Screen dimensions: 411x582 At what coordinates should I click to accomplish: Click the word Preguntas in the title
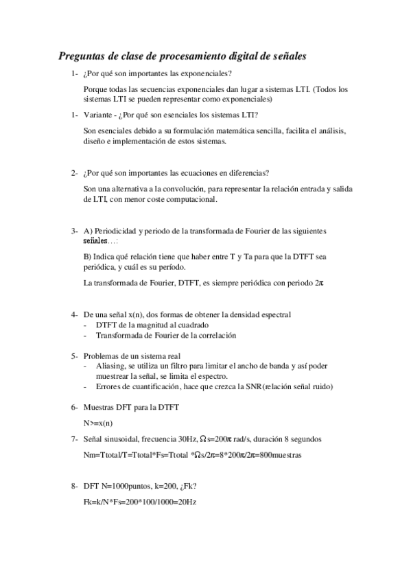[81, 56]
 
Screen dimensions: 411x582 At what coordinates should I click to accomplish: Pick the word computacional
[191, 200]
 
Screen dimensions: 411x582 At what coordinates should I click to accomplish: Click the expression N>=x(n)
[98, 423]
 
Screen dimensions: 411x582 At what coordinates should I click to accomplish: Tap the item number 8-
[75, 487]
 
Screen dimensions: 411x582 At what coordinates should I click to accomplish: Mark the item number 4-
[75, 314]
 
